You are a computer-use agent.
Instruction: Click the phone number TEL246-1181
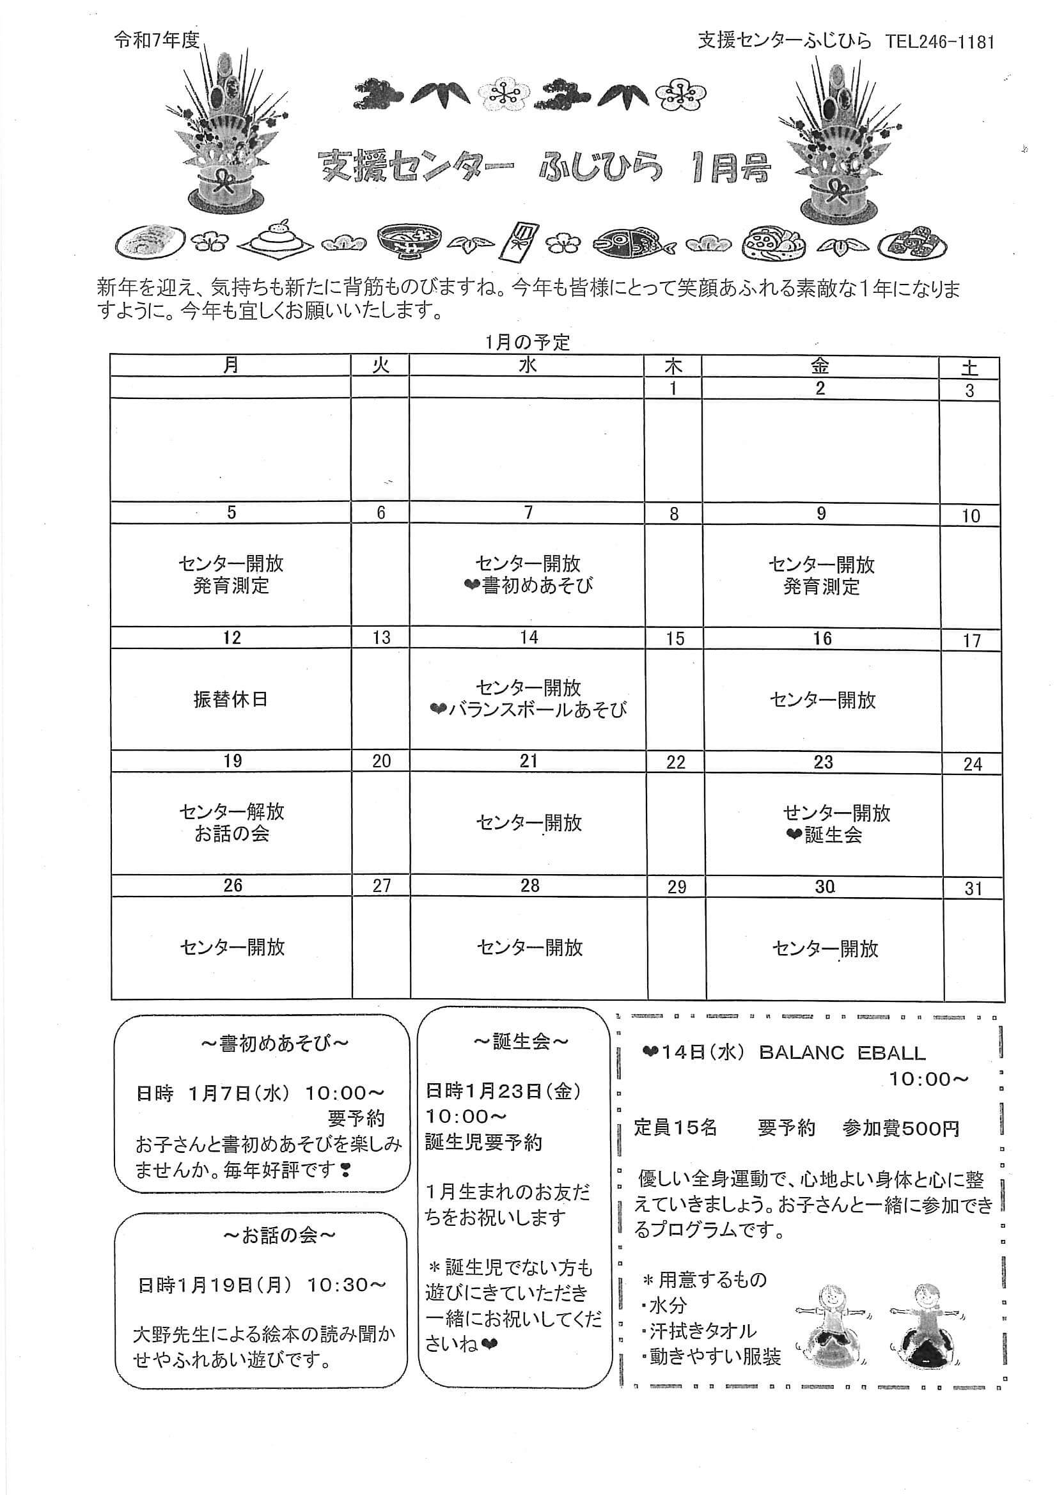click(940, 42)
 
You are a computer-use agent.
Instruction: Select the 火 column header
click(380, 365)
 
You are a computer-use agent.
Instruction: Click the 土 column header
click(970, 368)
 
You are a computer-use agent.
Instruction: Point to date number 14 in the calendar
click(529, 638)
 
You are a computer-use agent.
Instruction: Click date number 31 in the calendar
click(973, 889)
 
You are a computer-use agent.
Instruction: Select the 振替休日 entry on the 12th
click(231, 700)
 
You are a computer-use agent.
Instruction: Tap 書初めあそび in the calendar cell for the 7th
click(537, 585)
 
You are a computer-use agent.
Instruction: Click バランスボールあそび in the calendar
click(537, 710)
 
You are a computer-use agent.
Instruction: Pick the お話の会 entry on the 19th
click(232, 834)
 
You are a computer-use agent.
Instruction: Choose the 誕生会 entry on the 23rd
click(833, 835)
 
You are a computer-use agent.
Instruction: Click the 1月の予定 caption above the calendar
click(528, 342)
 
